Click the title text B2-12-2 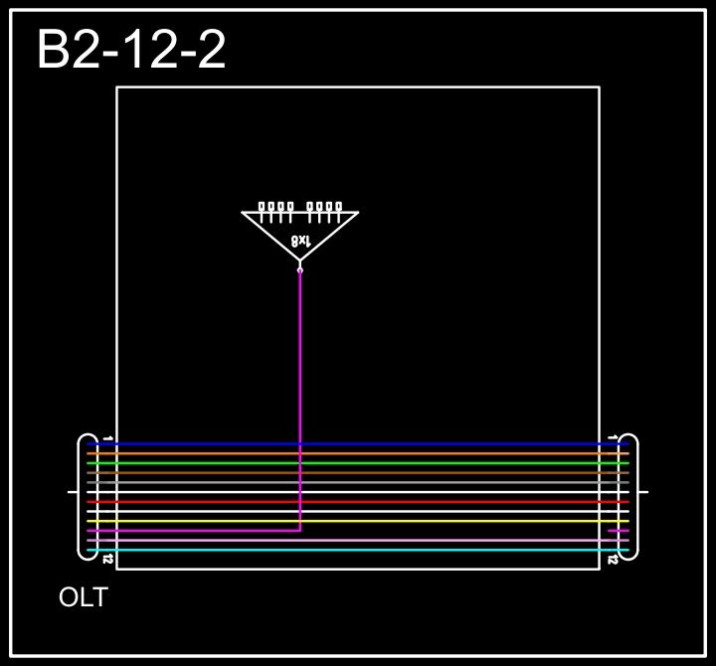(x=131, y=51)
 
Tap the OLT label (x=84, y=597)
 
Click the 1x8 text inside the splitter (x=300, y=241)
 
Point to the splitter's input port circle (x=300, y=268)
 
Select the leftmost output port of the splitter (x=263, y=207)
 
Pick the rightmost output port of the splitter (x=339, y=207)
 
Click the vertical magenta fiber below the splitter (x=300, y=378)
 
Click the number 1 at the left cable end (x=107, y=437)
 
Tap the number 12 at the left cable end (x=107, y=560)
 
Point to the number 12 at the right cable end (x=613, y=560)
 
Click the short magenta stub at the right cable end (x=618, y=531)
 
